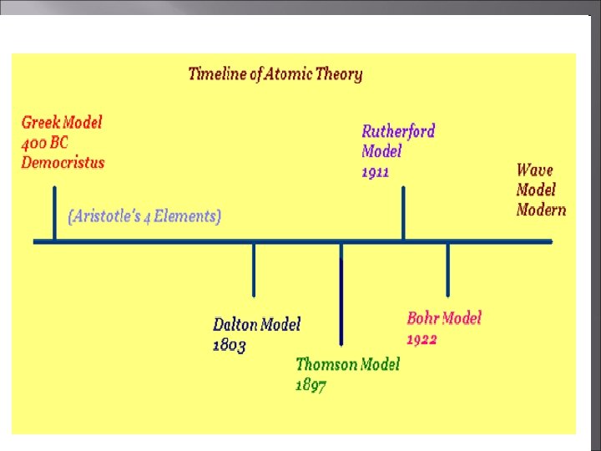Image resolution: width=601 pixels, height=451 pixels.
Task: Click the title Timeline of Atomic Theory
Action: point(275,73)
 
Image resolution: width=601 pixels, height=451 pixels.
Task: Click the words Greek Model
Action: point(62,122)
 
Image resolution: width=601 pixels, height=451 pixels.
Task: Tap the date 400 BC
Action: point(45,142)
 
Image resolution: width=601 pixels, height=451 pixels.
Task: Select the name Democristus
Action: point(63,162)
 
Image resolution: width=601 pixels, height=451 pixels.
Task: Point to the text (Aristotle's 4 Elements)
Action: point(144,216)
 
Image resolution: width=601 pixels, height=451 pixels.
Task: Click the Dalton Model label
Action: point(256,324)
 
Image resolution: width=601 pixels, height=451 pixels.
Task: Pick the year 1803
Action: point(230,344)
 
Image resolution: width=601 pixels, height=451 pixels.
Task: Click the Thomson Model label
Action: point(347,364)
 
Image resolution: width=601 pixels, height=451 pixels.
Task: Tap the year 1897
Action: point(311,385)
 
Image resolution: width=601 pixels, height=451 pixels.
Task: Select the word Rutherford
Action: point(398,131)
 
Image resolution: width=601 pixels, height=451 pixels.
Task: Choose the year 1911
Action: point(376,172)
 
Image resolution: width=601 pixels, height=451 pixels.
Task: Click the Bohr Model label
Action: point(444,318)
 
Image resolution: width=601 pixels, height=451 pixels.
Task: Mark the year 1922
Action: point(422,339)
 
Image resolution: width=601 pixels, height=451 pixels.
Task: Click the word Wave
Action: point(535,170)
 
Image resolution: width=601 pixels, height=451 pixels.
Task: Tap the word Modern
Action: point(541,210)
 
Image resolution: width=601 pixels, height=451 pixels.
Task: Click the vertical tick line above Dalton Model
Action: point(255,269)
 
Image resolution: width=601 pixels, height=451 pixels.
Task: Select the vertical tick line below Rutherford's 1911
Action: point(404,214)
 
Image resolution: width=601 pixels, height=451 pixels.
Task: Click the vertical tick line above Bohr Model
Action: point(447,269)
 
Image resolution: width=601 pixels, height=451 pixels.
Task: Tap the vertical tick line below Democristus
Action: point(54,214)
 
